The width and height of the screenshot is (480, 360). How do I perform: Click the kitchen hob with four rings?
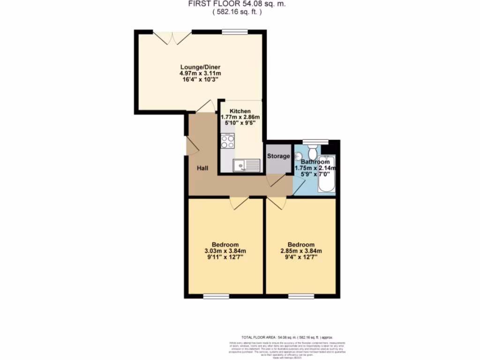coord(227,141)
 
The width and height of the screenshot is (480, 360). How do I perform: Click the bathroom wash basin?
coord(298,156)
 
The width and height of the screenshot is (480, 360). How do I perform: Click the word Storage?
coord(278,156)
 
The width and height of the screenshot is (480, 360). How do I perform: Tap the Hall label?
coord(202,168)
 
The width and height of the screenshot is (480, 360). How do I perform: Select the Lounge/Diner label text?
coord(200,67)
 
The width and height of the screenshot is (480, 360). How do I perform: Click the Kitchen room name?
coord(240,111)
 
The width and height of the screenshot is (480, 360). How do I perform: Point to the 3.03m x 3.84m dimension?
coord(225,251)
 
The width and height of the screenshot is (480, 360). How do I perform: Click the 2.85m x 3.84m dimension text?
coord(301,251)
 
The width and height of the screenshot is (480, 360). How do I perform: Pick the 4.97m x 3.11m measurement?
coord(200,74)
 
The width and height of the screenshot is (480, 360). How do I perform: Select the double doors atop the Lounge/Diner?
coord(172,37)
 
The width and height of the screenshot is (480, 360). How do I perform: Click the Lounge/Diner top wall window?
coord(235,31)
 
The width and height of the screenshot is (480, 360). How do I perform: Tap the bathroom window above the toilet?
coord(310,141)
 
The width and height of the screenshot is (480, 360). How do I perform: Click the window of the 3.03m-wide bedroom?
coord(216,296)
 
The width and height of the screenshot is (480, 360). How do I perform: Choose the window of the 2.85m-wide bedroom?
coord(301,296)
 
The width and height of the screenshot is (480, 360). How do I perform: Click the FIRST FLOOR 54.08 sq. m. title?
coord(237,4)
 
